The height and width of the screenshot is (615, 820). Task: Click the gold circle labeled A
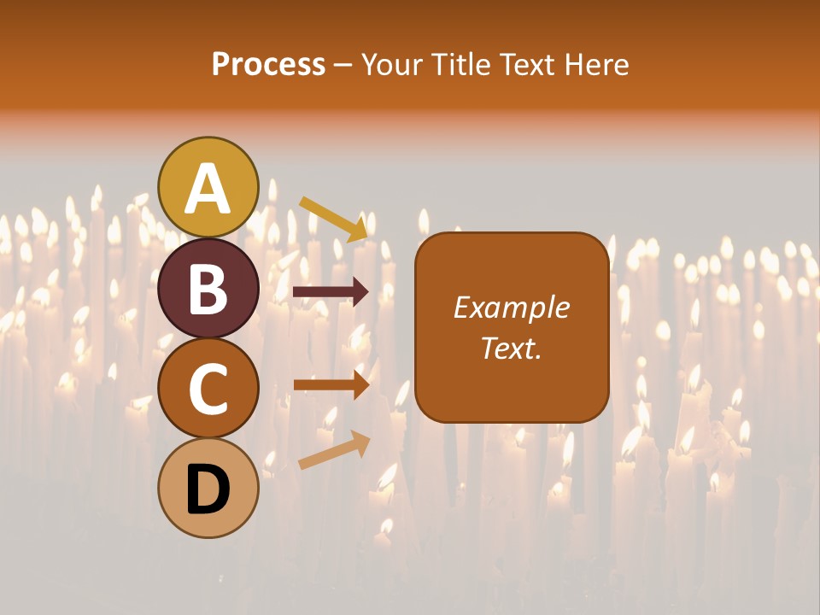(208, 187)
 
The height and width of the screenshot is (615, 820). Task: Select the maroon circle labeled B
(208, 288)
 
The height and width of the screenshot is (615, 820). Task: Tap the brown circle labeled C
(208, 388)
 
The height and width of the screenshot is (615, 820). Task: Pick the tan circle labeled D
(208, 489)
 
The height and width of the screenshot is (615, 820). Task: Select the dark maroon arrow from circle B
(331, 292)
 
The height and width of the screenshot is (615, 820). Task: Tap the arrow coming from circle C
(331, 385)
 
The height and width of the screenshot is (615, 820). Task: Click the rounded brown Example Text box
(512, 327)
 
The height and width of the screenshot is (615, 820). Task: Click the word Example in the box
(511, 307)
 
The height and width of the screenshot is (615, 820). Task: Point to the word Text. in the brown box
(511, 348)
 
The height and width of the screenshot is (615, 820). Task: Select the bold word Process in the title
(268, 64)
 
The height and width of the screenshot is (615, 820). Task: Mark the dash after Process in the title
(343, 66)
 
